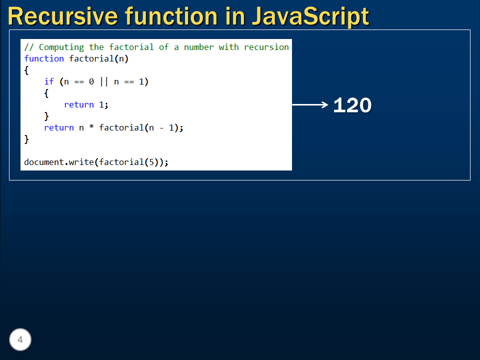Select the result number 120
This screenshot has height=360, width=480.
pos(352,105)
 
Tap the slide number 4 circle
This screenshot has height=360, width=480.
pos(20,340)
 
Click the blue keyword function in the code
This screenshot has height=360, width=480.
pos(44,58)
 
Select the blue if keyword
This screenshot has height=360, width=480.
pos(49,81)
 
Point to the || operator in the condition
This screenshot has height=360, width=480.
pos(104,81)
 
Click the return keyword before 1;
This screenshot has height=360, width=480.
pos(79,104)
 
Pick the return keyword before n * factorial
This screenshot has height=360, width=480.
pos(59,127)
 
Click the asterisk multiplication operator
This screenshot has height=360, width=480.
pos(91,128)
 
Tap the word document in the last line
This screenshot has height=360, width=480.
pos(44,162)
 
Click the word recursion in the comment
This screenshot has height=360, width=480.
pos(266,47)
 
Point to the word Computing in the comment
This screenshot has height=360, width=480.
pos(61,47)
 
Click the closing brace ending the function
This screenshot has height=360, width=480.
pos(26,139)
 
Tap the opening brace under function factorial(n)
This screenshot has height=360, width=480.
pos(26,70)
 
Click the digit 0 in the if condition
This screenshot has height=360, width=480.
pos(91,81)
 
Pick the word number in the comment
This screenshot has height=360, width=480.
pos(199,47)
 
